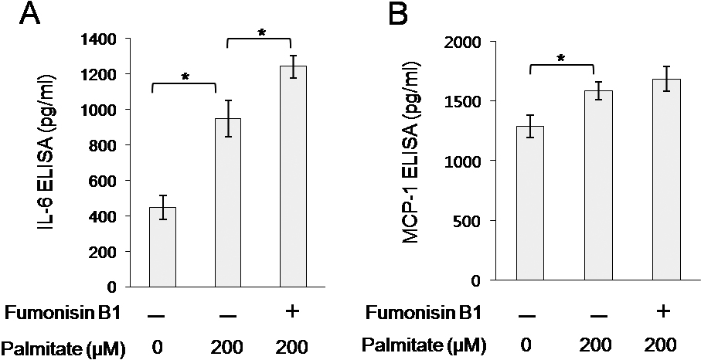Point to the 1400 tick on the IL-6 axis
click(x=103, y=39)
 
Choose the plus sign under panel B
click(x=663, y=313)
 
